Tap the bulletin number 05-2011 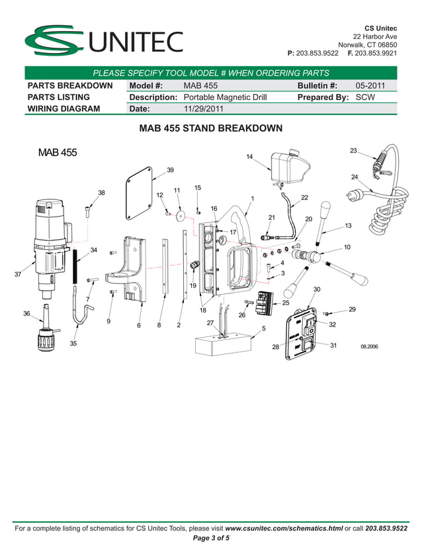(370, 86)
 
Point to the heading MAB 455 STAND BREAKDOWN (210, 128)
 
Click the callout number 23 (353, 151)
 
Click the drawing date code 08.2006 (370, 346)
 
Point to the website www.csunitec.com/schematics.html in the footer (284, 528)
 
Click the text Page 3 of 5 (210, 538)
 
